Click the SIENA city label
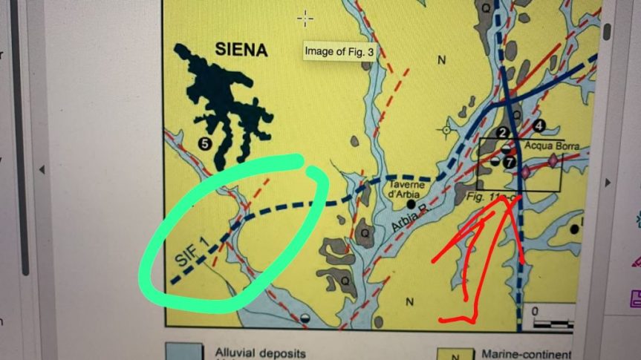[241, 50]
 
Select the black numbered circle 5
[203, 141]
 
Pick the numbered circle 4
[538, 124]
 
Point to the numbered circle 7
[510, 160]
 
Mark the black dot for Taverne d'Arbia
[410, 203]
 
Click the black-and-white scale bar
[553, 323]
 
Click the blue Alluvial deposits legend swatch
[184, 352]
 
